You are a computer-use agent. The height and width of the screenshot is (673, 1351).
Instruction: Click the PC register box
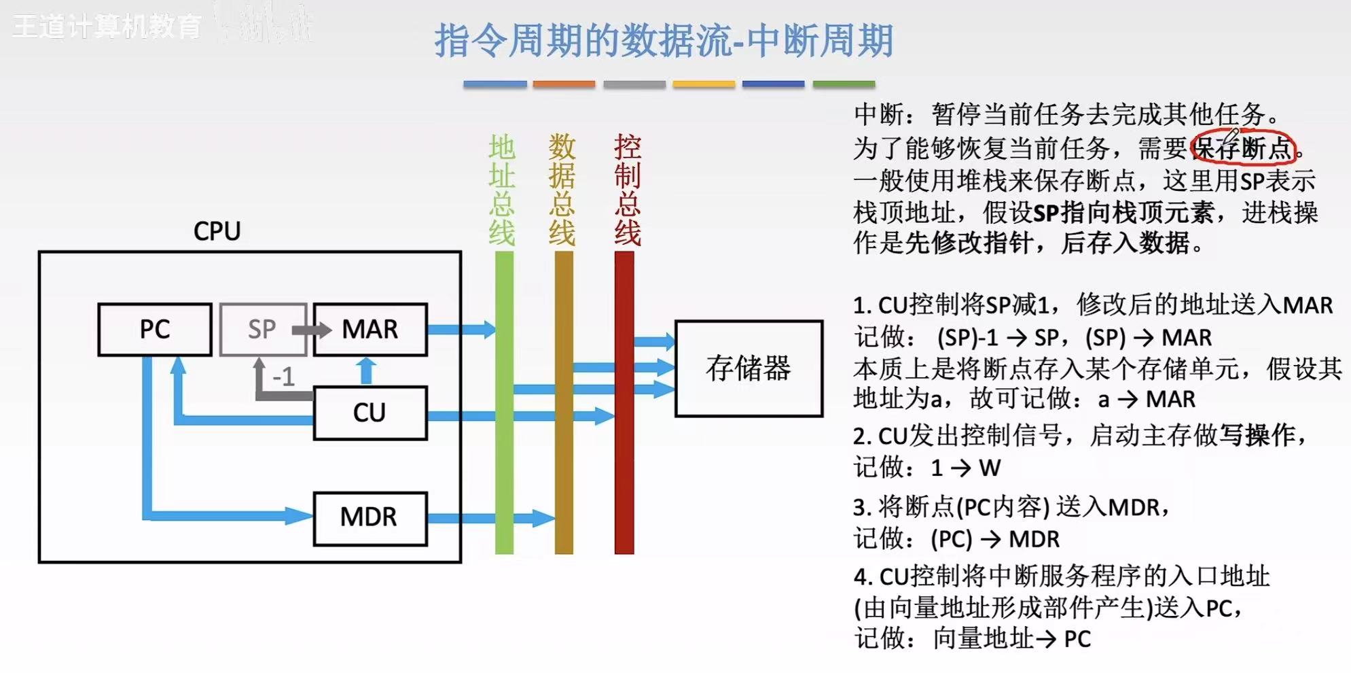click(155, 330)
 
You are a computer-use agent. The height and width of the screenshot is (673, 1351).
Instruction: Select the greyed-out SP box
click(262, 330)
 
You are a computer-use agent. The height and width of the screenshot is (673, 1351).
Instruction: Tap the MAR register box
click(370, 330)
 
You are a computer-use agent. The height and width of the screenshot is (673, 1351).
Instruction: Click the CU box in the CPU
click(370, 413)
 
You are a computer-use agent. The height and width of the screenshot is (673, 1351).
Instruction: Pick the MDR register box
click(370, 518)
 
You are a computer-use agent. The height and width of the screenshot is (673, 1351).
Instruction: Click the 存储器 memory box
click(749, 368)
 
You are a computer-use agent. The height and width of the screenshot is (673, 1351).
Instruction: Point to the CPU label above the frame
click(217, 232)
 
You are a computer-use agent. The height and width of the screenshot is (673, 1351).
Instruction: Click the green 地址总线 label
click(502, 190)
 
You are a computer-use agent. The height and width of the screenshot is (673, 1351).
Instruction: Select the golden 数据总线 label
click(562, 190)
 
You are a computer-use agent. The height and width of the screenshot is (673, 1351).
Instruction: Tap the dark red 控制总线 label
click(627, 190)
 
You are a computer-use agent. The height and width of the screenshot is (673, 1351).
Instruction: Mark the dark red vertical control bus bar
click(624, 476)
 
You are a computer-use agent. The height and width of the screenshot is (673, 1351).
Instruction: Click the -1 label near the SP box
click(283, 377)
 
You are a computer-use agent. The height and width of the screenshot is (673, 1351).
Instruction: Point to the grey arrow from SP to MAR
click(311, 330)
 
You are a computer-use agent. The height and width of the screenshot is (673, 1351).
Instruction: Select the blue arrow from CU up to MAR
click(366, 371)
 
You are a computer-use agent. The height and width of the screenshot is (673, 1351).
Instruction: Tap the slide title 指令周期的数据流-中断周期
click(663, 41)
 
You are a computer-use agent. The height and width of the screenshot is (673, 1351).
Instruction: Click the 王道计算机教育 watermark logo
click(107, 27)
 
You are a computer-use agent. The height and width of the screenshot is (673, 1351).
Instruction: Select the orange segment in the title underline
click(564, 84)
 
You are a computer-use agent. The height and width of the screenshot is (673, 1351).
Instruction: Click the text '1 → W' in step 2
click(965, 468)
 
